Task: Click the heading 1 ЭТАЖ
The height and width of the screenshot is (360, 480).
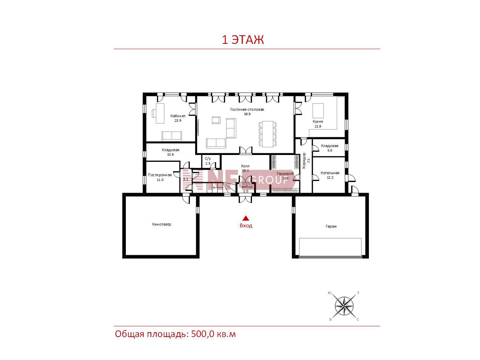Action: (243, 40)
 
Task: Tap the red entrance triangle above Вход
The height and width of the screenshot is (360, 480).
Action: (246, 218)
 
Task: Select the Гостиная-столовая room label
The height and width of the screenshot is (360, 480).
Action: (247, 109)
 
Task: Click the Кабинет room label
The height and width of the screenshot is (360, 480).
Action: (178, 116)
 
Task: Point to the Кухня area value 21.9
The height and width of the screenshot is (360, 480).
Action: (318, 126)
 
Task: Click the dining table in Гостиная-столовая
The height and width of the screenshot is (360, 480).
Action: (268, 134)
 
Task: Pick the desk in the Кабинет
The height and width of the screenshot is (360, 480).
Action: (160, 113)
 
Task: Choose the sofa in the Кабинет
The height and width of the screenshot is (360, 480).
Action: (172, 136)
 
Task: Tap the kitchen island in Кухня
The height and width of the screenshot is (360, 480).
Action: (318, 111)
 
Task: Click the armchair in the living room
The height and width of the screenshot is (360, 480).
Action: (216, 120)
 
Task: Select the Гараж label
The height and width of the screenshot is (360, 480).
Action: (331, 226)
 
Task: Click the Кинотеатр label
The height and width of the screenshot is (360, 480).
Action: (161, 224)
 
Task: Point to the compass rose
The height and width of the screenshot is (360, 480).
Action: (344, 306)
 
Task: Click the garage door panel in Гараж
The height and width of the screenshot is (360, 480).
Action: (330, 247)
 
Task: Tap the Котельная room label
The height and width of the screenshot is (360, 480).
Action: (330, 173)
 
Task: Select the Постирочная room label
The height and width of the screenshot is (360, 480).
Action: (160, 175)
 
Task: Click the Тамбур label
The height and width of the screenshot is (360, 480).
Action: (245, 187)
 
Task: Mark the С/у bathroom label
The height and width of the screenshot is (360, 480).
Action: (208, 159)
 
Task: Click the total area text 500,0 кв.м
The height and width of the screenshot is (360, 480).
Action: (214, 334)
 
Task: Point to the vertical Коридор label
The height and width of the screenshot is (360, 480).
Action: (304, 161)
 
